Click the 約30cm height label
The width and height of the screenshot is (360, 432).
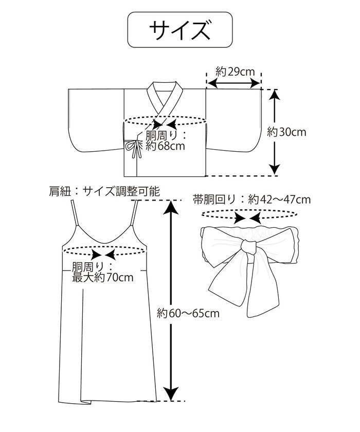[x=286, y=132]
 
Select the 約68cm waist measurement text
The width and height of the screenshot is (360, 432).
[x=165, y=147]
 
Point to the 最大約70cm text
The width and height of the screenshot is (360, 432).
[x=103, y=278]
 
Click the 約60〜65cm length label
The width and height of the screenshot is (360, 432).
[x=188, y=312]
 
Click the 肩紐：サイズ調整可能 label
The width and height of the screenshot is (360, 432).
[x=103, y=192]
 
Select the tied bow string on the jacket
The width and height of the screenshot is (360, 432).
[x=135, y=148]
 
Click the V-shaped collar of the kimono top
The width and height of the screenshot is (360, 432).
[x=165, y=100]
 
